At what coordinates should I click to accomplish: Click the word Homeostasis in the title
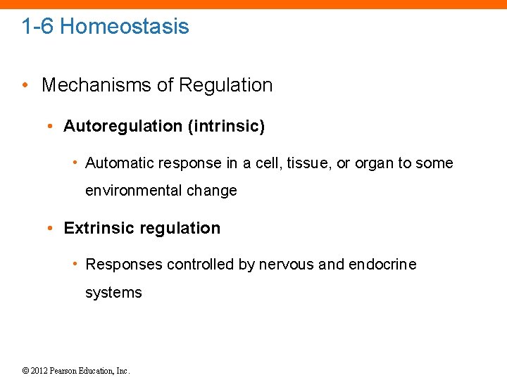click(125, 27)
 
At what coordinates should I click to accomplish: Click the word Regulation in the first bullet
click(225, 85)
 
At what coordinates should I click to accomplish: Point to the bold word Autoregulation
click(123, 127)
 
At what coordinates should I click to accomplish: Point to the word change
click(212, 191)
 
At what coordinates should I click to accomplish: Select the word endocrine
click(382, 265)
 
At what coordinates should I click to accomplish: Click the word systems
click(113, 293)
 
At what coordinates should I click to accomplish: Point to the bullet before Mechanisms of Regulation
click(25, 86)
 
